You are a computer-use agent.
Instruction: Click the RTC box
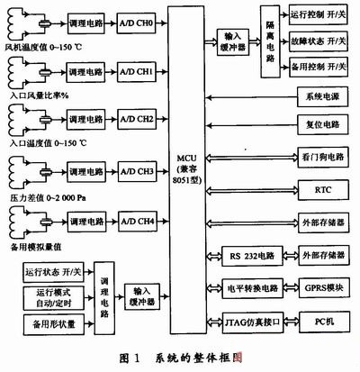323,190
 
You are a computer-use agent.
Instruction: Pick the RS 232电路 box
250,255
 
